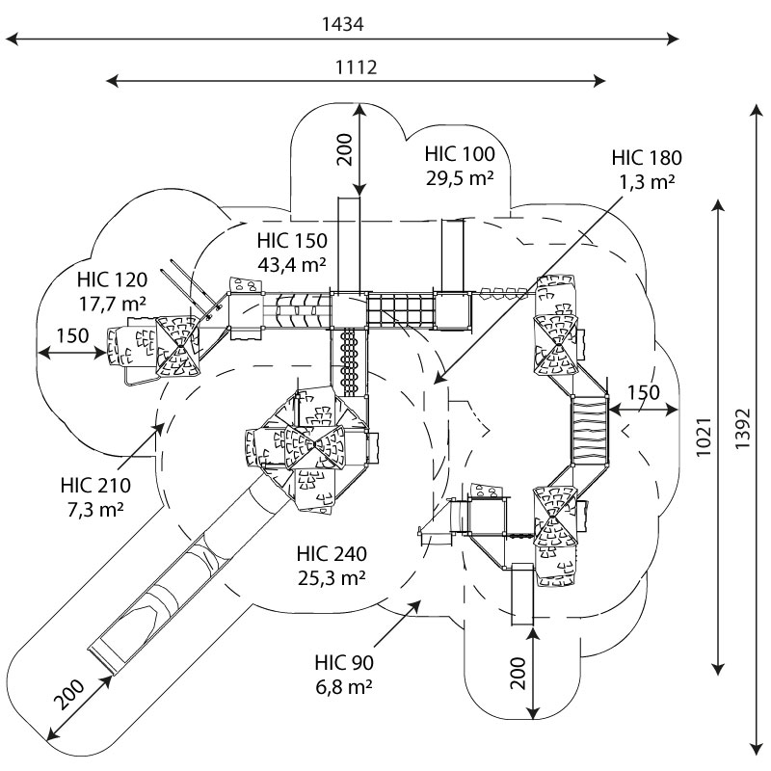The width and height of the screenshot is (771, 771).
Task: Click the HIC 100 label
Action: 460,154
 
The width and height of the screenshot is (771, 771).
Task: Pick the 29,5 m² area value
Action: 460,177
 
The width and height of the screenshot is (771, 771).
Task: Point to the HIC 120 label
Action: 112,280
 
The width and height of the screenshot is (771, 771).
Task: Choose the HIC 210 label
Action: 94,485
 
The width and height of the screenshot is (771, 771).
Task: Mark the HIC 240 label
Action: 332,554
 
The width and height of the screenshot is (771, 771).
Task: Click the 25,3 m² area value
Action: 332,577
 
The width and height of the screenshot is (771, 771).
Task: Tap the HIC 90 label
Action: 344,663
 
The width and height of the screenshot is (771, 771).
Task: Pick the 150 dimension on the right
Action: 644,392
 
